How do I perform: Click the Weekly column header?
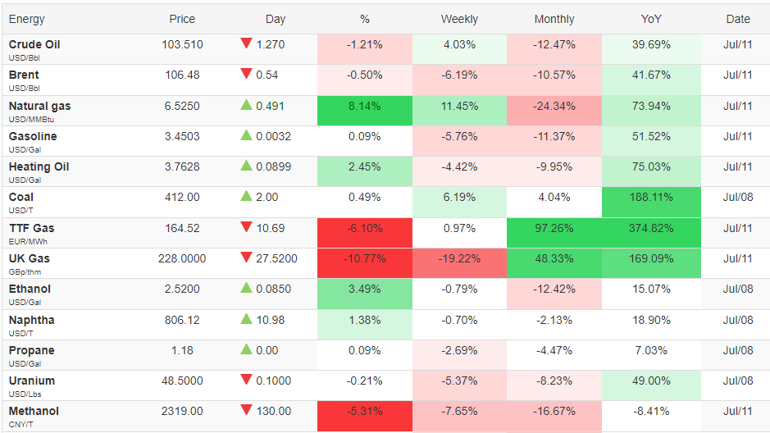pyautogui.click(x=459, y=19)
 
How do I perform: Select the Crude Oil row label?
pyautogui.click(x=34, y=44)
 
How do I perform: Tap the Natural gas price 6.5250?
pyautogui.click(x=182, y=106)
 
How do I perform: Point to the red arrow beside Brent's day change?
pyautogui.click(x=246, y=74)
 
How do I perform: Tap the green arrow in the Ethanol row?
pyautogui.click(x=246, y=288)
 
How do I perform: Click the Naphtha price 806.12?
pyautogui.click(x=182, y=320)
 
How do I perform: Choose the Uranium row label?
pyautogui.click(x=32, y=381)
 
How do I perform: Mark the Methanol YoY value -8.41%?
pyautogui.click(x=651, y=412)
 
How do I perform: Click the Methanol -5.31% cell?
pyautogui.click(x=364, y=417)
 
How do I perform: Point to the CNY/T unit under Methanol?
pyautogui.click(x=21, y=425)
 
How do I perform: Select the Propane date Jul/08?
pyautogui.click(x=737, y=350)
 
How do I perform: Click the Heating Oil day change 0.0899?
pyautogui.click(x=274, y=167)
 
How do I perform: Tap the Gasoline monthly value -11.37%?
pyautogui.click(x=554, y=136)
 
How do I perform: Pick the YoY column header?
pyautogui.click(x=651, y=19)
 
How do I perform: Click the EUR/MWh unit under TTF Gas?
pyautogui.click(x=28, y=242)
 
